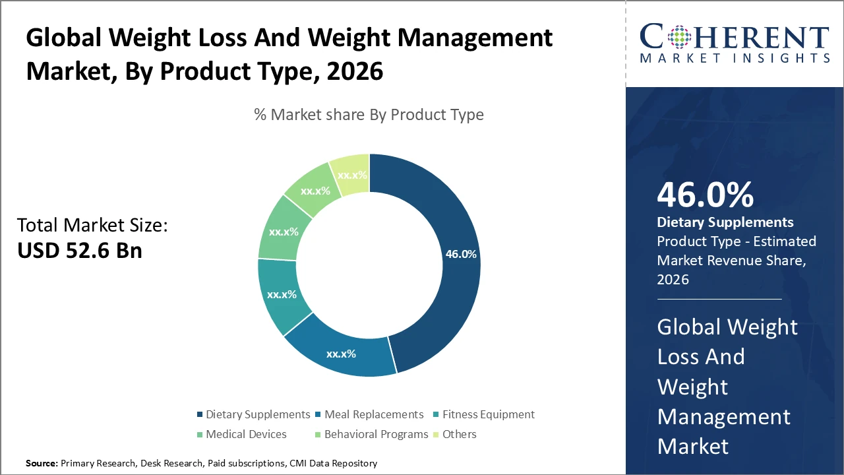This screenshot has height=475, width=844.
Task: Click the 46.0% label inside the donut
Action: pyautogui.click(x=461, y=254)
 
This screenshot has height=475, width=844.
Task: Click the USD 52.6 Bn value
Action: pyautogui.click(x=79, y=251)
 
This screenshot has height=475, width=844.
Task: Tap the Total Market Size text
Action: pyautogui.click(x=92, y=226)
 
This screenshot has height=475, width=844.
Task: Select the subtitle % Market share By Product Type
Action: pyautogui.click(x=369, y=115)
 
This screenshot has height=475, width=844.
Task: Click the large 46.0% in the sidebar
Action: pyautogui.click(x=705, y=195)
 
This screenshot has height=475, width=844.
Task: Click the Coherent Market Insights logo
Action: pyautogui.click(x=734, y=43)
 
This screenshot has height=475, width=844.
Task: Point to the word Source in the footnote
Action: pyautogui.click(x=41, y=464)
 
